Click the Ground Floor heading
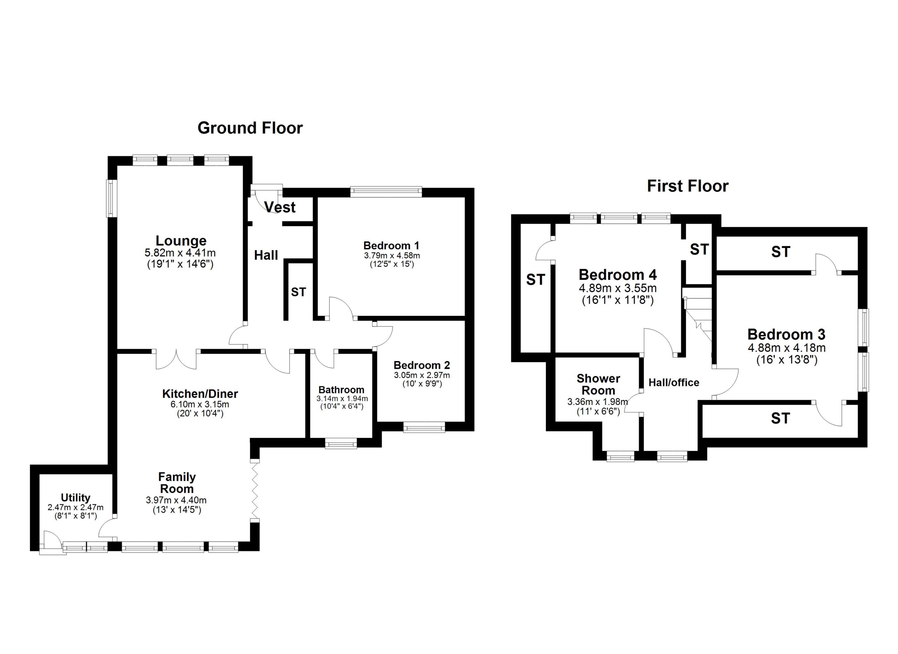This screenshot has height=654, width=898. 250,128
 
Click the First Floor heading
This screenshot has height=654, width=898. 688,186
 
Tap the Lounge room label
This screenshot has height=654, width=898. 181,241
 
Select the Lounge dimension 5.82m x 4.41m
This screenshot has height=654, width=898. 180,253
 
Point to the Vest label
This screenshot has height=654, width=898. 280,207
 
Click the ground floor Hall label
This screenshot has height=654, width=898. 266,255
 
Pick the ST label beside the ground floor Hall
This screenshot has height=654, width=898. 299,292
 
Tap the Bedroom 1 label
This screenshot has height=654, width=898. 391,246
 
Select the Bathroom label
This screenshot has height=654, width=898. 341,390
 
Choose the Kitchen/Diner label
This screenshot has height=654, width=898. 200,394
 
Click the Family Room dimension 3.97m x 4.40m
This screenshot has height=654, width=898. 176,500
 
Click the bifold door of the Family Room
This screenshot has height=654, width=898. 255,491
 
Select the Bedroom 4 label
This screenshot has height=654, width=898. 618,275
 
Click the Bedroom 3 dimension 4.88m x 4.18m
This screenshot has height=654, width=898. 786,348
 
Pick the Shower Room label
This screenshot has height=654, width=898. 598,385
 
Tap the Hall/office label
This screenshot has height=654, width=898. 674,382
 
